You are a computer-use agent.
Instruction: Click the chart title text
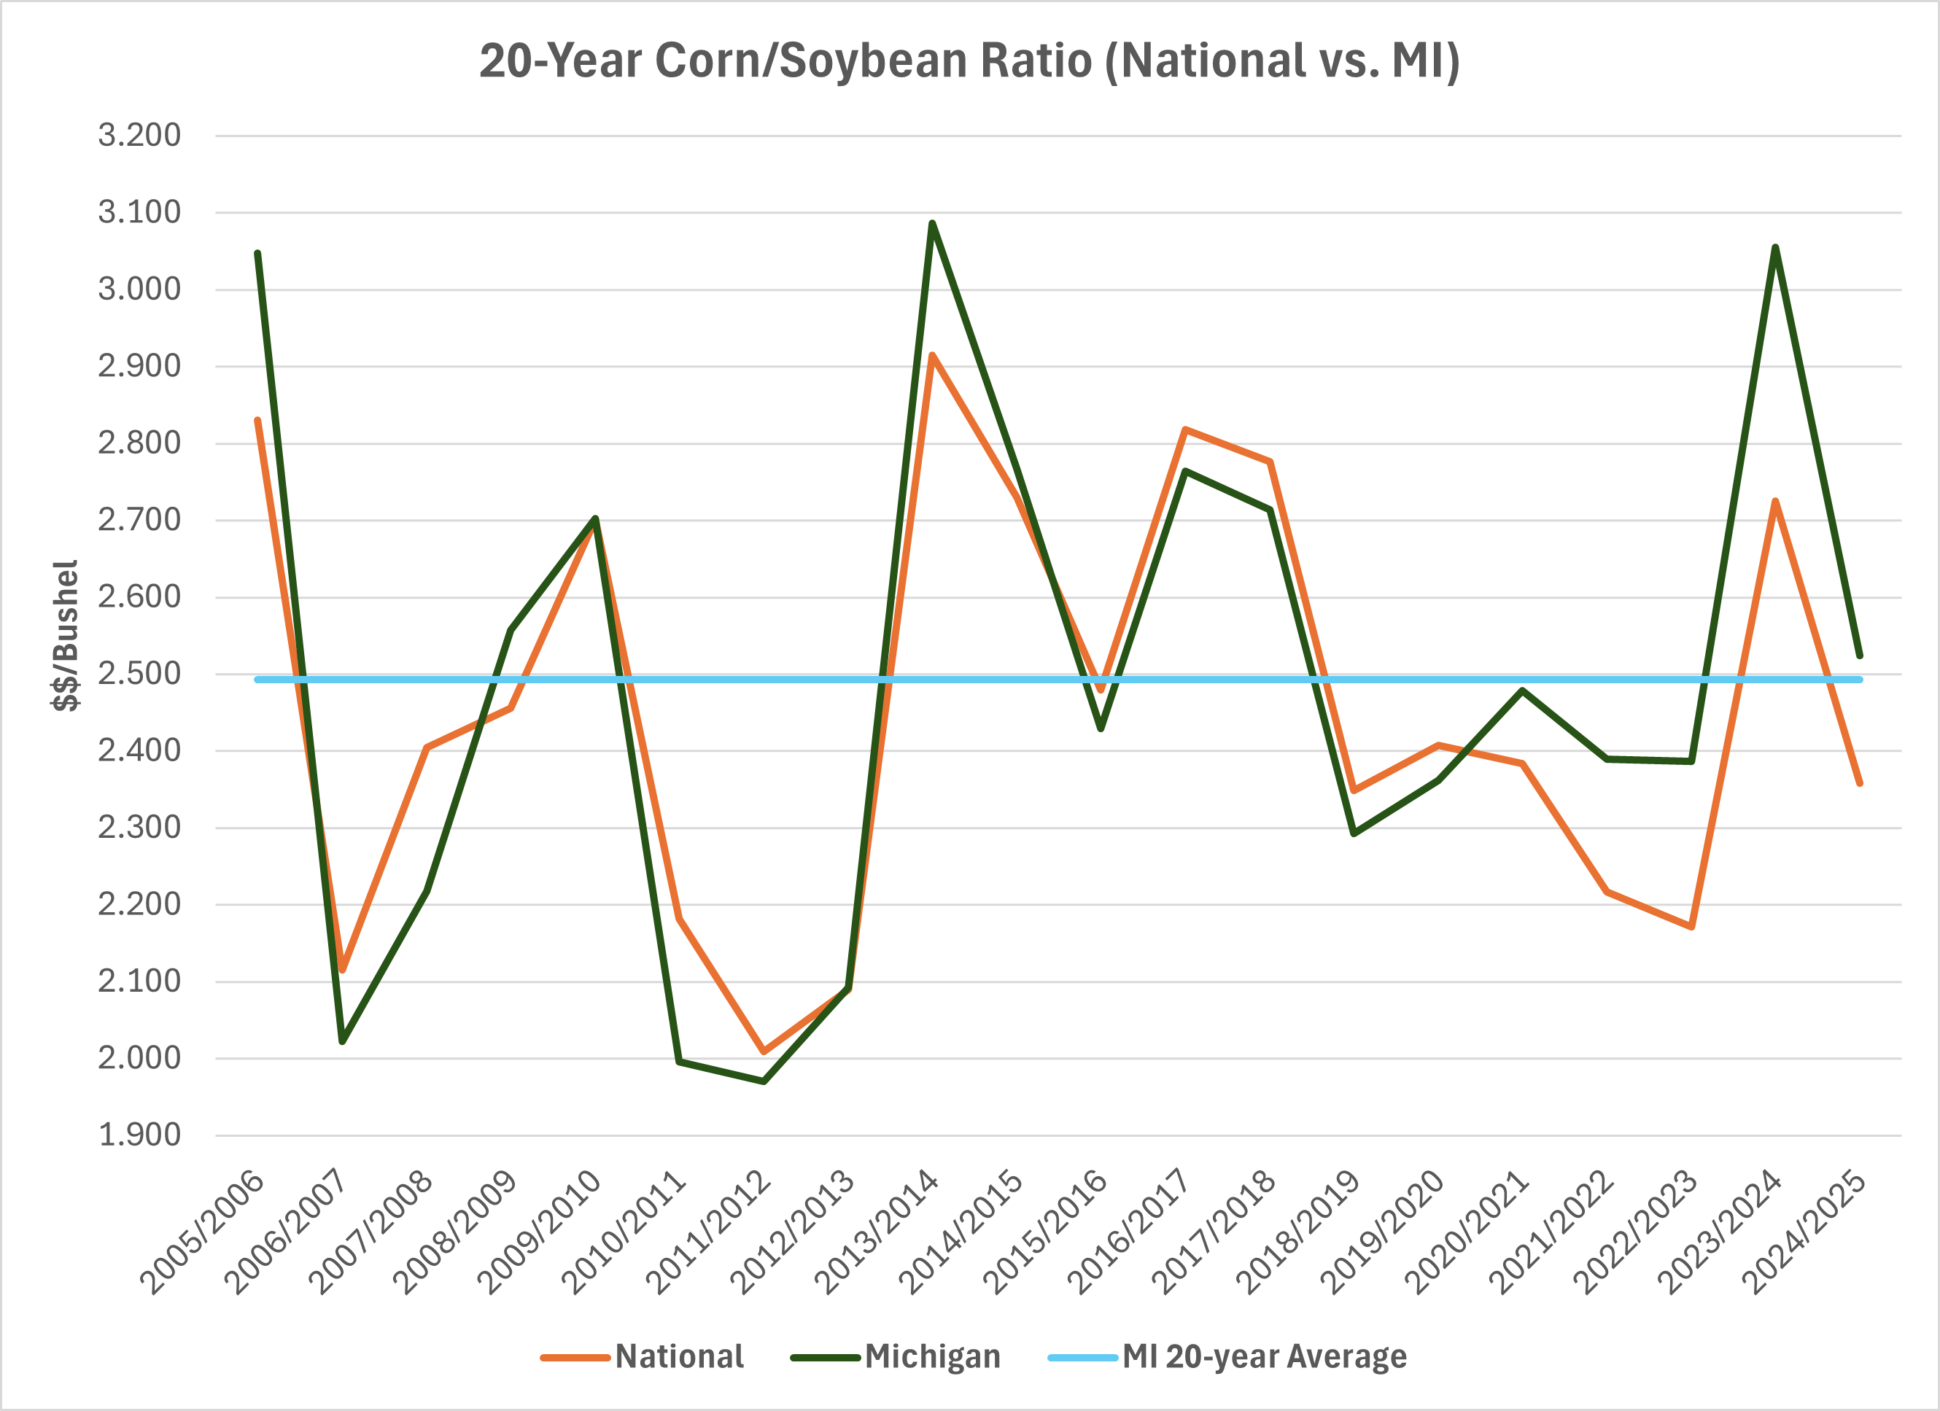click(x=969, y=61)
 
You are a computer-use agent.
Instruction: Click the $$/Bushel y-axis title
click(x=66, y=634)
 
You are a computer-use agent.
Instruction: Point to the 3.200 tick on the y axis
click(x=139, y=135)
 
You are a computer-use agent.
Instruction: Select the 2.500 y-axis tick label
click(x=139, y=673)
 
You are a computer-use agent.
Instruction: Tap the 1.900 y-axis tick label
click(x=139, y=1135)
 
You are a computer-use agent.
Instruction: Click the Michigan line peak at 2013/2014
click(x=932, y=223)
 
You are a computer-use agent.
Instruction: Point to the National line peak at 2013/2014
click(x=932, y=355)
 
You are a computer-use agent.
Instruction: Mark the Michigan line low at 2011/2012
click(x=764, y=1081)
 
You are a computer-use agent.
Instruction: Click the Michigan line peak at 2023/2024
click(x=1776, y=248)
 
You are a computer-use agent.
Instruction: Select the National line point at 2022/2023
click(x=1692, y=926)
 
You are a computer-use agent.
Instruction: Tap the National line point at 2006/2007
click(x=342, y=969)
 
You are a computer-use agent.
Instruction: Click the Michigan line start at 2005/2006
click(x=257, y=253)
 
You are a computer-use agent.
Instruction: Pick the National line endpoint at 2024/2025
click(x=1860, y=782)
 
